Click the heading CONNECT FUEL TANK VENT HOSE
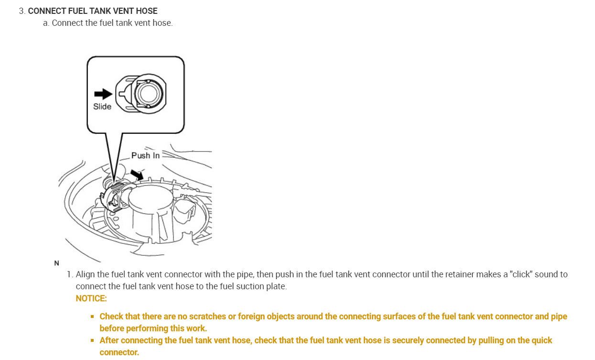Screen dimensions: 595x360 [93, 11]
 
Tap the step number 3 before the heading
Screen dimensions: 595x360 [22, 11]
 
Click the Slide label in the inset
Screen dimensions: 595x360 [102, 107]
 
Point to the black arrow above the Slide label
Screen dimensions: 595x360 [103, 94]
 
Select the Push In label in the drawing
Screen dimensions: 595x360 [145, 155]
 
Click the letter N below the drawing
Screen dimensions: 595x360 [57, 263]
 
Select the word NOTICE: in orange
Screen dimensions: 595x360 [91, 298]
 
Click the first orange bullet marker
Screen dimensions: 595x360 [92, 317]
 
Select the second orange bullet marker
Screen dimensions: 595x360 [92, 341]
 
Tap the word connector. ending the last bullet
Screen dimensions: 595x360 [119, 352]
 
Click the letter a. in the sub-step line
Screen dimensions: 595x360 [46, 23]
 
